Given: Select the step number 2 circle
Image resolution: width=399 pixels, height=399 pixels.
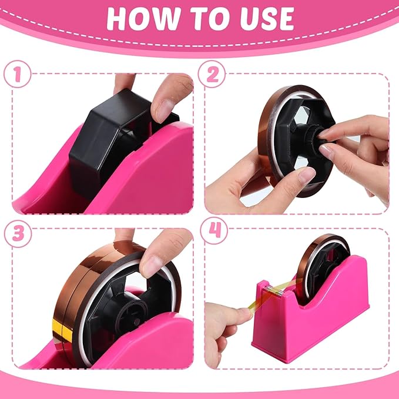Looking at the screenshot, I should click(212, 76).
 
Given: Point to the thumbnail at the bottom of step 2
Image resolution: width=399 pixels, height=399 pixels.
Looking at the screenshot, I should click(306, 175).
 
